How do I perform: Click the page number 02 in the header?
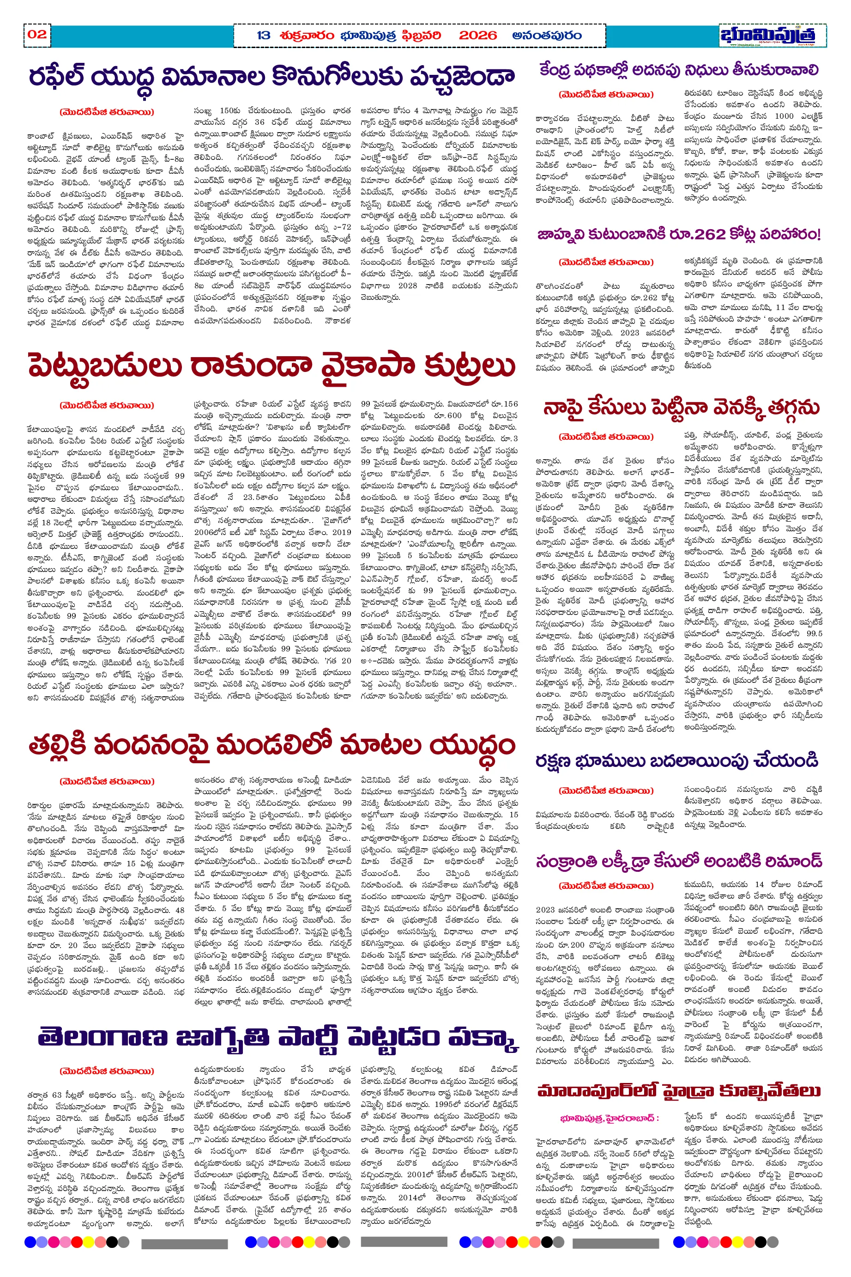(37, 35)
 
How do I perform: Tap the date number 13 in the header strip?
(263, 36)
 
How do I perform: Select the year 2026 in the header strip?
(477, 36)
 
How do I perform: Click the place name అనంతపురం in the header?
(547, 36)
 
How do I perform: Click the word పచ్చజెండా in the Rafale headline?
(462, 78)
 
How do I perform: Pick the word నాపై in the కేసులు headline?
(564, 408)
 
